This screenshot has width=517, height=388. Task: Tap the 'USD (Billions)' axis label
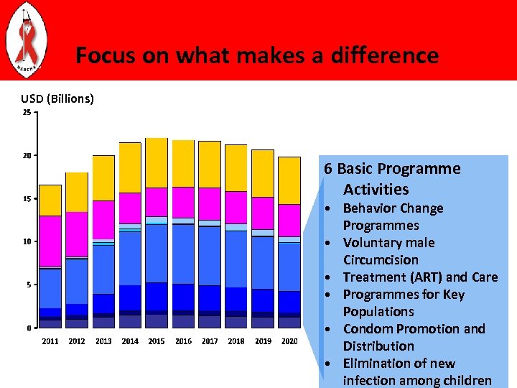tap(57, 98)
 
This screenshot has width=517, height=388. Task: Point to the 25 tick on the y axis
tap(26, 113)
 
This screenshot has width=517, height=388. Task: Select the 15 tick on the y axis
tap(26, 199)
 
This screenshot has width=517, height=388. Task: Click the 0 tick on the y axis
tap(28, 329)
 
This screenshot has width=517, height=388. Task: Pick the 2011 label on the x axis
tap(50, 341)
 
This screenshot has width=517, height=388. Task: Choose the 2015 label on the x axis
tap(157, 341)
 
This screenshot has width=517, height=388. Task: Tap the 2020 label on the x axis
tap(289, 341)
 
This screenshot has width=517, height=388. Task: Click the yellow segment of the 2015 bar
tap(157, 162)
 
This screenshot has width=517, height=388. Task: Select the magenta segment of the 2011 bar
tap(50, 241)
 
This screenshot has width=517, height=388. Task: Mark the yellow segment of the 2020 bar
tap(289, 180)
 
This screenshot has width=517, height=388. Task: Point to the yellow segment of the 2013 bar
tap(103, 177)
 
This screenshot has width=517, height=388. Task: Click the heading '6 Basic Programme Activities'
tap(391, 179)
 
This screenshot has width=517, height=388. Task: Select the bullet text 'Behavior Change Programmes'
tap(393, 217)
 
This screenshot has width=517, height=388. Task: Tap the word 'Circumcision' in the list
tap(381, 260)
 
